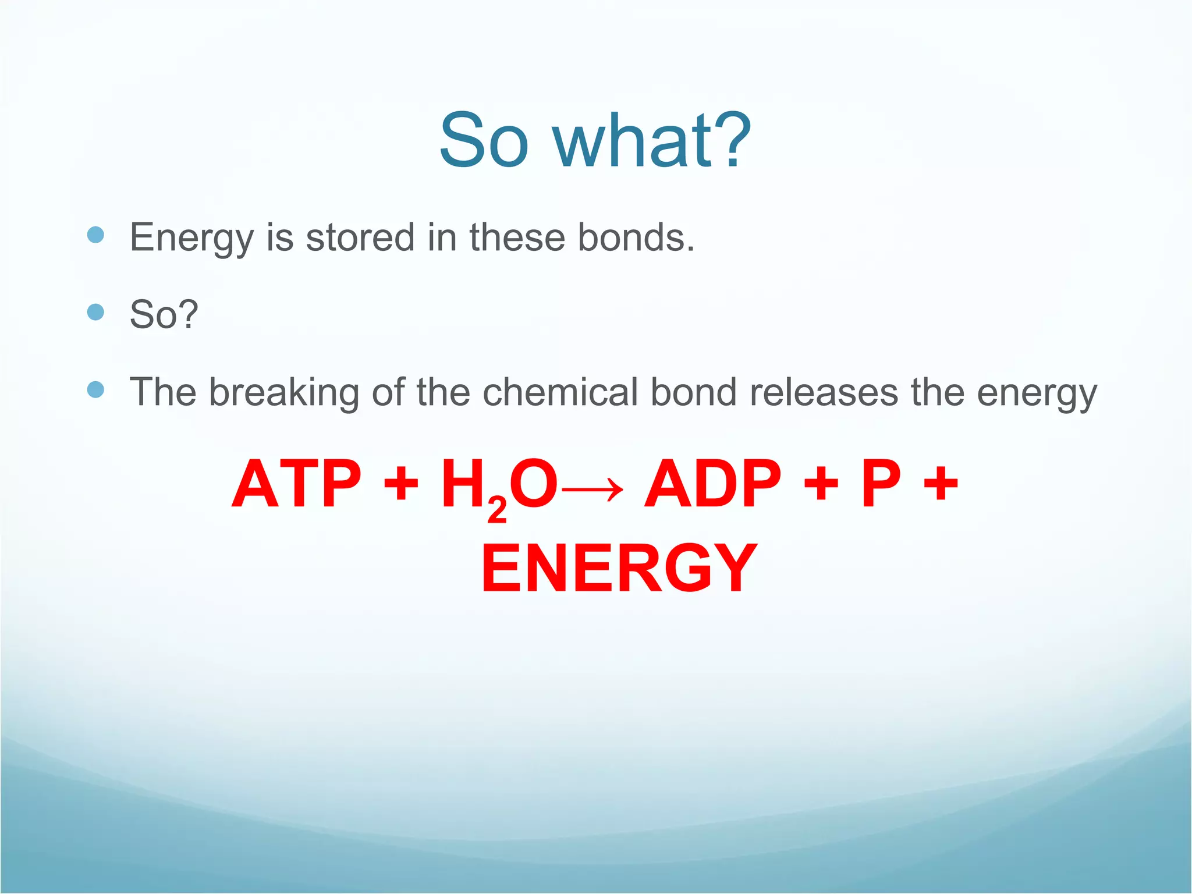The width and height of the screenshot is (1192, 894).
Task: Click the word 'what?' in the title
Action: (x=652, y=141)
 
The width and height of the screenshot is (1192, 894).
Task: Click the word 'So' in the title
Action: (x=484, y=141)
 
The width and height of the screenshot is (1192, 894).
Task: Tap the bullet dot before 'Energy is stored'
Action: (x=95, y=235)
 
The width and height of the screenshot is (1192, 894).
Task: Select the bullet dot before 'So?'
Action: (x=95, y=313)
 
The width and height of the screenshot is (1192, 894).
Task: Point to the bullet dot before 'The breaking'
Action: (x=95, y=389)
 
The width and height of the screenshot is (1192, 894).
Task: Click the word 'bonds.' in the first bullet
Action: (x=636, y=237)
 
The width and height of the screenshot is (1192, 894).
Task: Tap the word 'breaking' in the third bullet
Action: (x=284, y=392)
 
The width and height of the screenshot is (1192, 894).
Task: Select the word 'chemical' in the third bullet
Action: (x=560, y=392)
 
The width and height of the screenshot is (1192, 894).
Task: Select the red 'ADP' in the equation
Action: (x=712, y=484)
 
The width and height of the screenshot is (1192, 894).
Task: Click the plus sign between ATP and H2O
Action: (x=401, y=484)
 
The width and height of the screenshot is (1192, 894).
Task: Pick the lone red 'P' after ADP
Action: (x=881, y=484)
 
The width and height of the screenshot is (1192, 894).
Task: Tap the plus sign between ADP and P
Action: (x=821, y=484)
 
